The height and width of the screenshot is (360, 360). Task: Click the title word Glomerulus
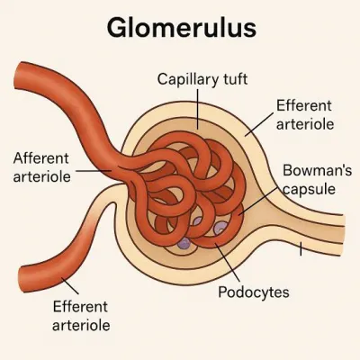coord(182,28)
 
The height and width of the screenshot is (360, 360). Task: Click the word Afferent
coord(40,158)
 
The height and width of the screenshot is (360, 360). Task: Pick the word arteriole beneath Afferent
coord(42,176)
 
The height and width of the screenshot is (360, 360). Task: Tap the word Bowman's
coord(317,170)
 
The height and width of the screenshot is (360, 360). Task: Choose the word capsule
coord(310,189)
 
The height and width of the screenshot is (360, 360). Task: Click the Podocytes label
coord(254,292)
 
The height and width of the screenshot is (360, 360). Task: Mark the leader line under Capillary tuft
coord(198,109)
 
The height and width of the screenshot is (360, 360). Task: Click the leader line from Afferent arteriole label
coord(94,171)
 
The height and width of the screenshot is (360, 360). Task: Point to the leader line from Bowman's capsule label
coord(259,201)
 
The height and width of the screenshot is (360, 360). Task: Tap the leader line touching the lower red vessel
coord(70,286)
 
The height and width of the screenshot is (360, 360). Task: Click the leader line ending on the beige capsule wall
coord(259,124)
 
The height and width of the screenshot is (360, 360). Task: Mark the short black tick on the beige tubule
coord(301,249)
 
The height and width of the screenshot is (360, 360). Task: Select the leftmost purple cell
coord(184,243)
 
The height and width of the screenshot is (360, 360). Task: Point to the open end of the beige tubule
coord(341,235)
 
